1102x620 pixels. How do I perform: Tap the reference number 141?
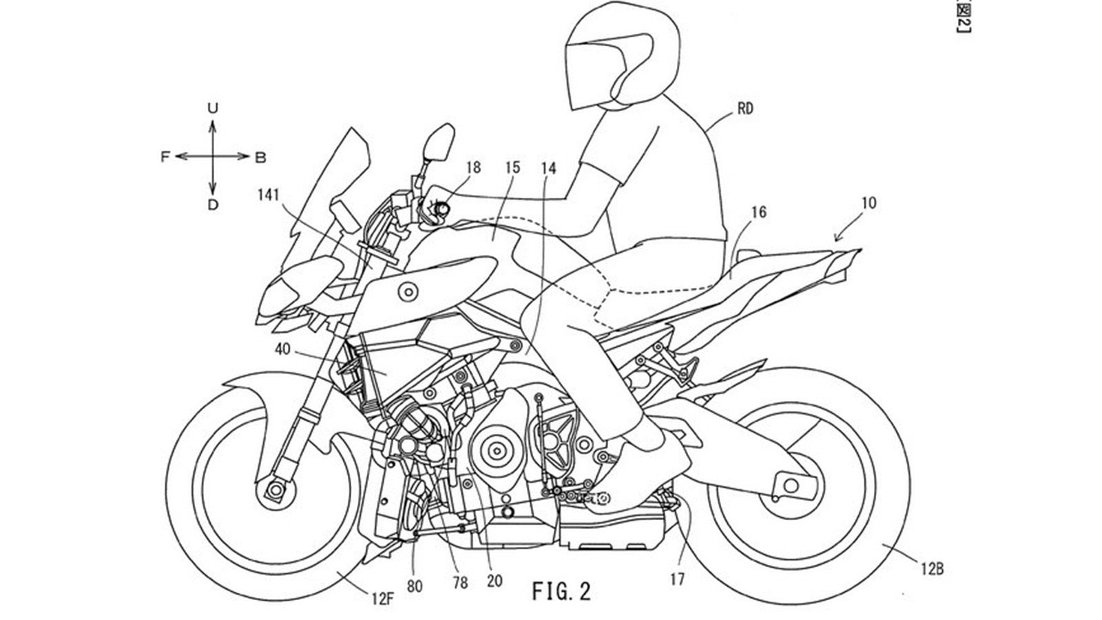click(268, 195)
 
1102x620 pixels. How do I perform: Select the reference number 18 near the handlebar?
click(472, 167)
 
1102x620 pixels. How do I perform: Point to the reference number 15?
click(512, 167)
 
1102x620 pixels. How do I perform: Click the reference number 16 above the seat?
click(758, 213)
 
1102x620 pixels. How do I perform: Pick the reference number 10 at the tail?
click(869, 203)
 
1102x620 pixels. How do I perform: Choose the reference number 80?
click(415, 586)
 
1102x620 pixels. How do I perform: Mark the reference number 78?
click(460, 583)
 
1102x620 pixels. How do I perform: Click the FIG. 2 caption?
click(561, 591)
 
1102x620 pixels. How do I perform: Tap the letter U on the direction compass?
click(213, 107)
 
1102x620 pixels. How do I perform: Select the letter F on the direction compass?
click(165, 157)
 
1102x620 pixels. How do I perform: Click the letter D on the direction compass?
click(213, 205)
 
